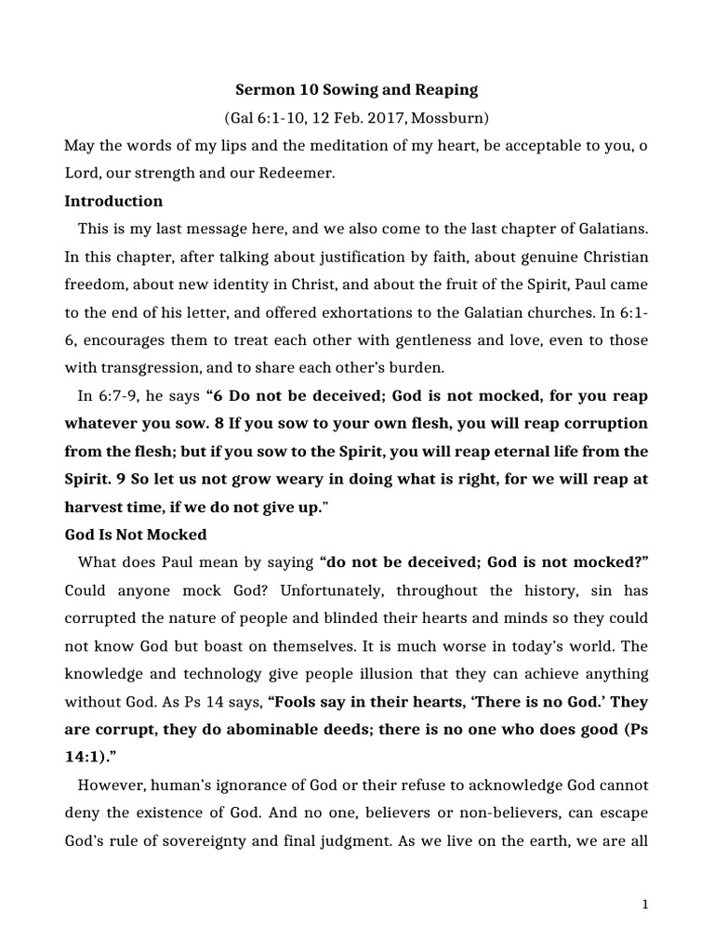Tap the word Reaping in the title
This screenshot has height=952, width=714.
[445, 90]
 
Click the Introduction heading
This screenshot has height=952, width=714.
[113, 201]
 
